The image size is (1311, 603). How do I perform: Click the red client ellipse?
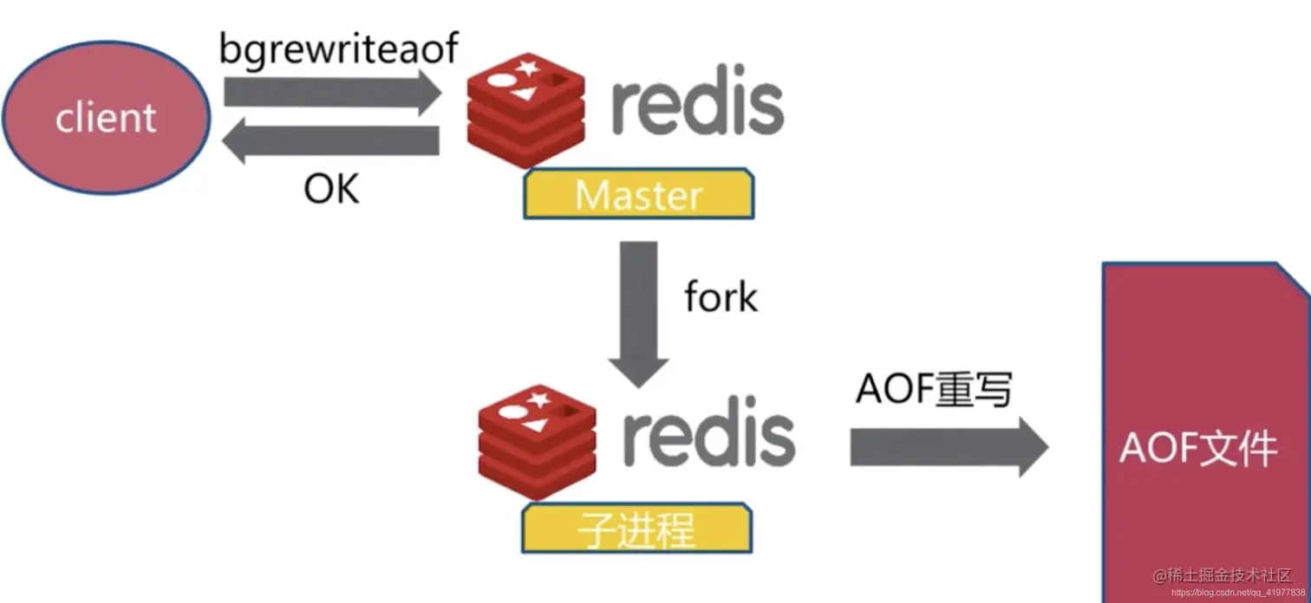106,118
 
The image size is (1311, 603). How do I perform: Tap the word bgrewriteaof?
338,49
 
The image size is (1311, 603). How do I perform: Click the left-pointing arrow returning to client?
329,142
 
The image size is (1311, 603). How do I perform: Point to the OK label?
331,188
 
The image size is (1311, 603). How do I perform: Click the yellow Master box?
638,194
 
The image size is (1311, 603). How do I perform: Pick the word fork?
720,297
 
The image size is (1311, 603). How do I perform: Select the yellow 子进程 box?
636,528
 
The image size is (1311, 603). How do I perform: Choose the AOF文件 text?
1197,449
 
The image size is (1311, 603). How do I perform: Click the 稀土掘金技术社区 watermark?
1222,574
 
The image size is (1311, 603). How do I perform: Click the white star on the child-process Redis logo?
539,399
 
